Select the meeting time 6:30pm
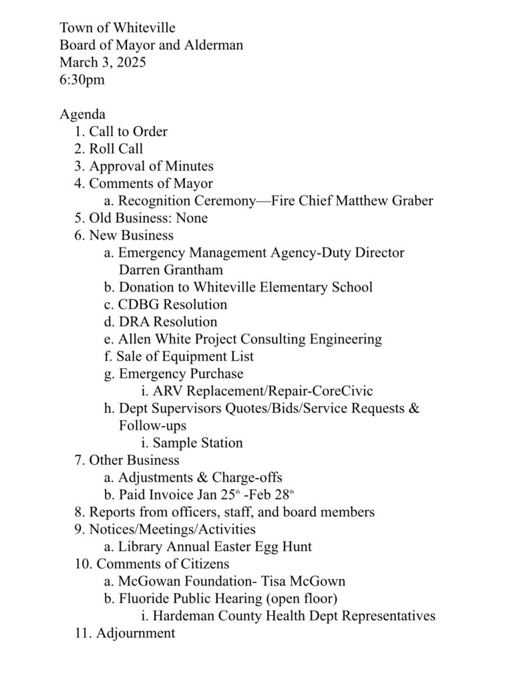coord(82,81)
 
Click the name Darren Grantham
coord(170,270)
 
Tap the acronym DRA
coord(134,322)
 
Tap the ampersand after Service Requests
coord(413,409)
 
